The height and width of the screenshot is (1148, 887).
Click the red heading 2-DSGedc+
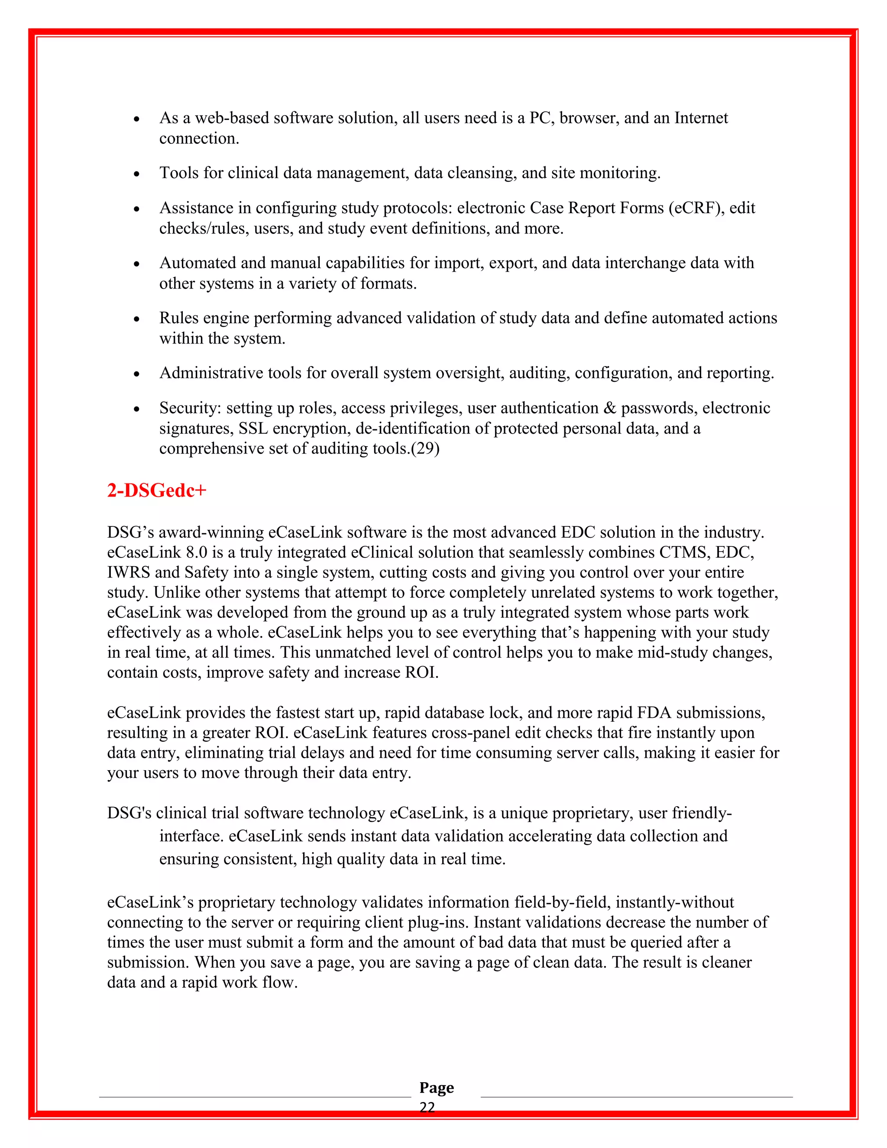157,490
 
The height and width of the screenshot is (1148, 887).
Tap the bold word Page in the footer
436,1087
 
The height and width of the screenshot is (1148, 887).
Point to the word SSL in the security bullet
253,428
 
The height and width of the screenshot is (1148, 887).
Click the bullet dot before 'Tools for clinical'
136,173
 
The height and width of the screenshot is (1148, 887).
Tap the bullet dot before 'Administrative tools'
136,374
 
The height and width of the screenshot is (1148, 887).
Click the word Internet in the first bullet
701,118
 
